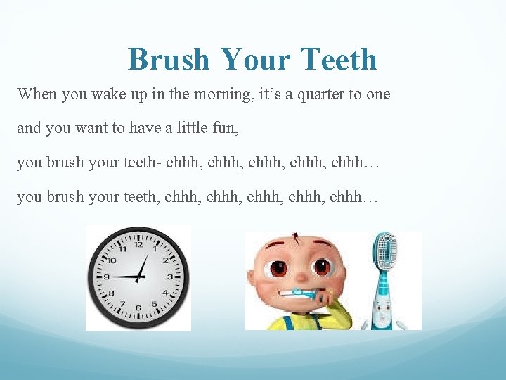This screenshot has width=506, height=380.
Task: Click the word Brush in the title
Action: point(169,60)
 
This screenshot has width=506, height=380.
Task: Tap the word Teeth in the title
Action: point(339,60)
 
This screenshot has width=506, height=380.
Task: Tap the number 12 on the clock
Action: point(138,245)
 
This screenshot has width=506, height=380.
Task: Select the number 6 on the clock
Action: point(138,308)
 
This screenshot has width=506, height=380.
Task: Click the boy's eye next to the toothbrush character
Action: point(322,267)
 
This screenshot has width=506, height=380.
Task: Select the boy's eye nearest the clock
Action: point(279,267)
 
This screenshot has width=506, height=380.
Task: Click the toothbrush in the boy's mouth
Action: point(302,292)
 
